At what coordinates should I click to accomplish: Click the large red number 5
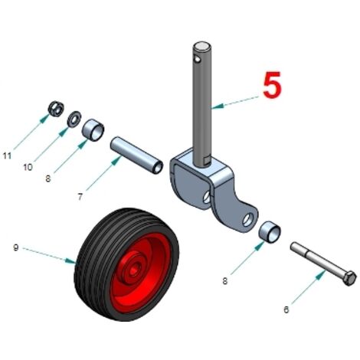click(272, 85)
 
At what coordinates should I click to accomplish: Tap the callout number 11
click(7, 155)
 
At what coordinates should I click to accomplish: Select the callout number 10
click(28, 168)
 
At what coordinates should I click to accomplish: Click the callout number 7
click(80, 197)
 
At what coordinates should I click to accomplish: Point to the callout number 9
click(16, 247)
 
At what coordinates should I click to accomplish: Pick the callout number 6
click(286, 309)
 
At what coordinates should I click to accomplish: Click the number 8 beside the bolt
click(224, 281)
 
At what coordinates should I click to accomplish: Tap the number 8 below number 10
click(48, 178)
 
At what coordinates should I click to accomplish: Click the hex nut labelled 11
click(56, 109)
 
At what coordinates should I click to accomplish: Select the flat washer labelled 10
click(74, 119)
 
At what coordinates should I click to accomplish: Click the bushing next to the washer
click(93, 130)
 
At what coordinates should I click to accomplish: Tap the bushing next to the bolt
click(270, 232)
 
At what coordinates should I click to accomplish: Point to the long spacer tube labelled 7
click(136, 155)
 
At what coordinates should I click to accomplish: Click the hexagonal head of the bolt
click(349, 278)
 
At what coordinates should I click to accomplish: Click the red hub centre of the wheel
click(133, 271)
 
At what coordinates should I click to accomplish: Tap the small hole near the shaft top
click(197, 60)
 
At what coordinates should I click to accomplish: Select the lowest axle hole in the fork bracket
click(247, 220)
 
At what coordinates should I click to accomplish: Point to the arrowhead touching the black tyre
click(70, 260)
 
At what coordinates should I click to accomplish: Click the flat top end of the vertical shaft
click(202, 46)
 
